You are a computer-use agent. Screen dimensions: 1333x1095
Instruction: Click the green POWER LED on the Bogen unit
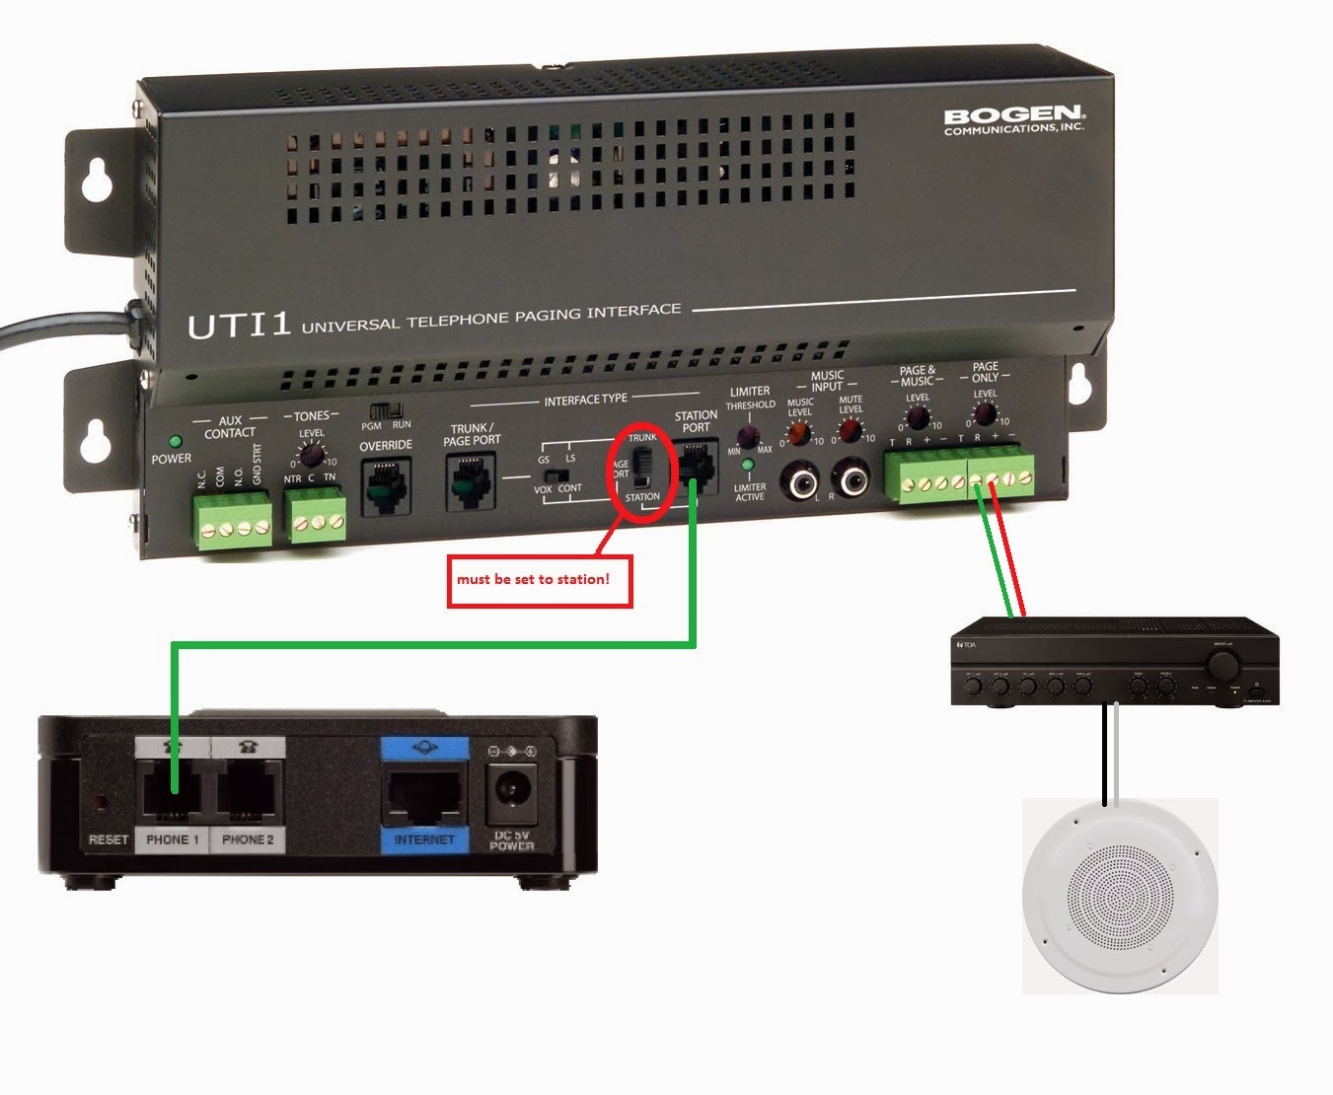(176, 442)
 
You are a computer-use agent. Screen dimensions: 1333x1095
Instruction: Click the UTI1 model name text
(239, 325)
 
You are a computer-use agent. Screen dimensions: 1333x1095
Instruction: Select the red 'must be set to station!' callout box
(539, 580)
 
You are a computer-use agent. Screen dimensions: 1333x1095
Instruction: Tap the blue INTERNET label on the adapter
(424, 839)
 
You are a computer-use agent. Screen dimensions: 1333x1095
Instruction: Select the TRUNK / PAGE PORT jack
(470, 482)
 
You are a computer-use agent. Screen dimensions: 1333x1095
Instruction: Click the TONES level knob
(312, 455)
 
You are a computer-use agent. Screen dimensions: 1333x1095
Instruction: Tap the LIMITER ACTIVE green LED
(748, 465)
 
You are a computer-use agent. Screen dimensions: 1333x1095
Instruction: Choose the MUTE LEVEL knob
(849, 430)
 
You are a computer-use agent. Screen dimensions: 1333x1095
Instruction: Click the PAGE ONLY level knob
(985, 414)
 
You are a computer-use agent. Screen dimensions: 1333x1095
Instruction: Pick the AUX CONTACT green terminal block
(234, 520)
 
